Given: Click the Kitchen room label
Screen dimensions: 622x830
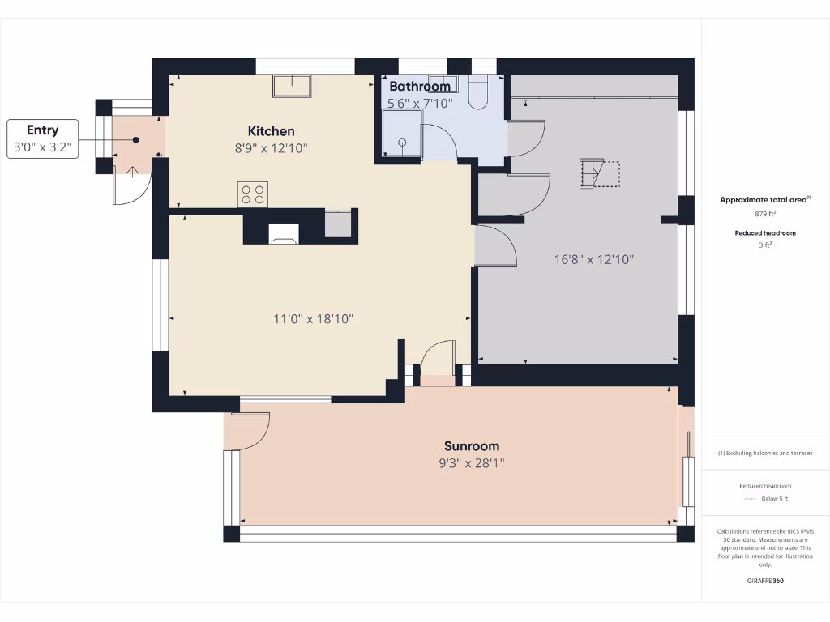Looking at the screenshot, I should click(271, 131).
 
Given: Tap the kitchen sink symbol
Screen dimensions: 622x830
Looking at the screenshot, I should click(292, 85).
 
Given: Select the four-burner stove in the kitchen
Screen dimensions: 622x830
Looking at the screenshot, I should click(253, 194).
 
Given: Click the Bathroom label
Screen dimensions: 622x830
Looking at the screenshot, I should click(419, 87).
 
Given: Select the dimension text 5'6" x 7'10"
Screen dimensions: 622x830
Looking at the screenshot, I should click(419, 104).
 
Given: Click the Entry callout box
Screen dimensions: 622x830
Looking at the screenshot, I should click(43, 138).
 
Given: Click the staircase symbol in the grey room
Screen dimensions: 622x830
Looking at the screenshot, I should click(599, 174).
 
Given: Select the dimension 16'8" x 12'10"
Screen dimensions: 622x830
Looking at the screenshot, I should click(593, 260).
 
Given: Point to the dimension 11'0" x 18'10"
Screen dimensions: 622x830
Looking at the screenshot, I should click(313, 319).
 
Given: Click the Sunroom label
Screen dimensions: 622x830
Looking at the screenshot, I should click(471, 446).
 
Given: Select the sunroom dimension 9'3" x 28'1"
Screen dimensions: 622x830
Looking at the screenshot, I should click(471, 463).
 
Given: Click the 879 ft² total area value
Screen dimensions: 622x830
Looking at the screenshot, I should click(764, 215).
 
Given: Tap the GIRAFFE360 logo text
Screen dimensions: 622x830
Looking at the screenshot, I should click(764, 581).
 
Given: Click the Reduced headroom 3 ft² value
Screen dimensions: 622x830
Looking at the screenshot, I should click(764, 245).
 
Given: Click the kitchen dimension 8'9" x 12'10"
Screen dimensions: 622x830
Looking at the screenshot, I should click(271, 148).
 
